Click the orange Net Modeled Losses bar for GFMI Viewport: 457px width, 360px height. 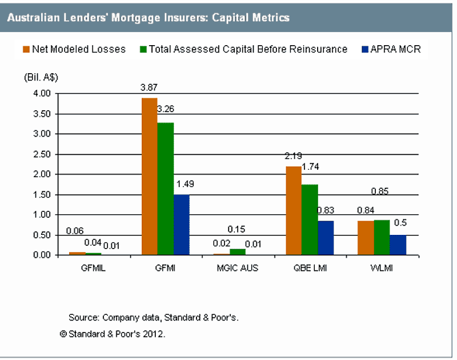point(150,177)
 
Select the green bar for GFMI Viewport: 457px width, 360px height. point(166,189)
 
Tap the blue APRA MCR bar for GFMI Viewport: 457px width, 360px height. point(182,225)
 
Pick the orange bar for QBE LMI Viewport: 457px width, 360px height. point(294,211)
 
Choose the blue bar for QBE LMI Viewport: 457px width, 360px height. point(326,238)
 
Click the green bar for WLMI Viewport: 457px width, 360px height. point(382,238)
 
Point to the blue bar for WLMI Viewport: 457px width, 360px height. point(398,245)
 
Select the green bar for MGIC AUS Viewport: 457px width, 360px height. point(238,252)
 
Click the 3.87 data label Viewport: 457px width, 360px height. point(149,87)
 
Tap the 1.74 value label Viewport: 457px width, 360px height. point(310,167)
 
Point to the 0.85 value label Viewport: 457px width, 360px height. point(380,191)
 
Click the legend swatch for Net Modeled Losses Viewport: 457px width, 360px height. point(26,49)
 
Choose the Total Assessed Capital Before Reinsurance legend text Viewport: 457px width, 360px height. point(248,49)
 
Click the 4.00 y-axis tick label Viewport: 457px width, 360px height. point(42,94)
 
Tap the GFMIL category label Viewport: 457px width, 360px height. point(93,268)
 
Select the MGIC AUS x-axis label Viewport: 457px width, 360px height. point(238,268)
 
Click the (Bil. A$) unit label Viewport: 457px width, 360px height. point(41,77)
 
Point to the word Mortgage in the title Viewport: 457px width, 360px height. point(136,18)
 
